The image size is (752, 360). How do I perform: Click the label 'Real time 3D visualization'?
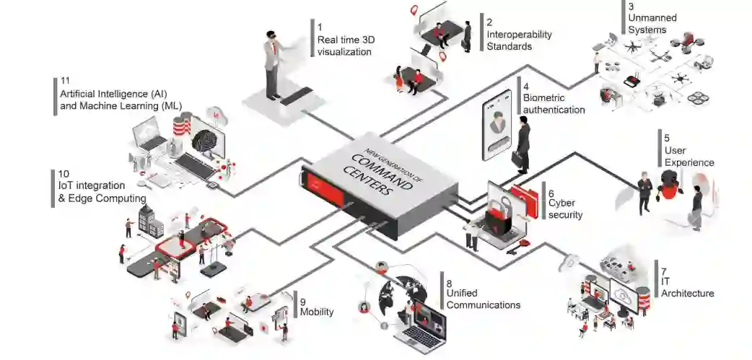345,45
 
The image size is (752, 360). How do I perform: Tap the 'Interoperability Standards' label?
519,40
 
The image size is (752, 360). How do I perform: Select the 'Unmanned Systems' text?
647,24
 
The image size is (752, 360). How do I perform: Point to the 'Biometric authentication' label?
554,103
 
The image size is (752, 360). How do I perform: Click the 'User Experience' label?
689,156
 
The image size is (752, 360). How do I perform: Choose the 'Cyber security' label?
565,208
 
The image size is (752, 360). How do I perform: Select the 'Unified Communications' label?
483,299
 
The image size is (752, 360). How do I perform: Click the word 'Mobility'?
316,312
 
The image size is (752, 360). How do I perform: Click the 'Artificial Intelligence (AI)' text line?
114,94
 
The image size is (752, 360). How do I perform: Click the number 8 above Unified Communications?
449,283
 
